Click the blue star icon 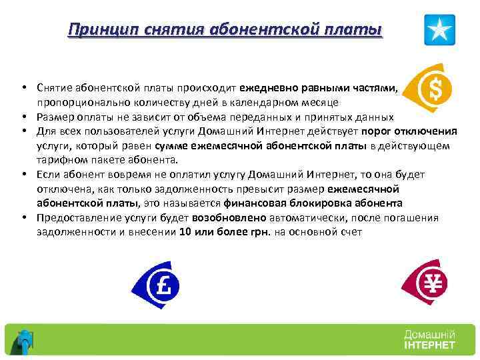(440, 30)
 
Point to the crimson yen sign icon (429, 283)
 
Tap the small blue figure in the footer (25, 340)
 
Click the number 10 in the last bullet (185, 232)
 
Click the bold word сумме (170, 146)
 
